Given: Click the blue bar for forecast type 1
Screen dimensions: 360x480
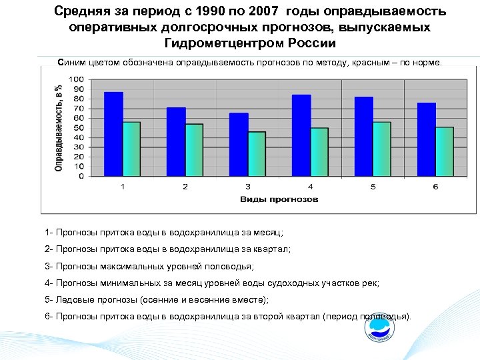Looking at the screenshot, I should [114, 134].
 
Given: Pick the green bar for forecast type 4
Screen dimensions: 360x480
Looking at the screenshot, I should [319, 152].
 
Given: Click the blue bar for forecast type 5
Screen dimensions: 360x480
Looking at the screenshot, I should [364, 137].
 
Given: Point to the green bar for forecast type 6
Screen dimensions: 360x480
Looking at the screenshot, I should [444, 152].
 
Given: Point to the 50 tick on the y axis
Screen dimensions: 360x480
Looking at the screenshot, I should [79, 128].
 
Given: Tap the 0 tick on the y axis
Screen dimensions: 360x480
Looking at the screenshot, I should [81, 177].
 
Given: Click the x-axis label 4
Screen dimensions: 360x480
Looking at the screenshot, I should [310, 186].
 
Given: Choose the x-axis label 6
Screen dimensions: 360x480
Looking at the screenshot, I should [435, 186].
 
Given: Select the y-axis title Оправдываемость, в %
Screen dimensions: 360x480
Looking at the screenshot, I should [59, 127].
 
